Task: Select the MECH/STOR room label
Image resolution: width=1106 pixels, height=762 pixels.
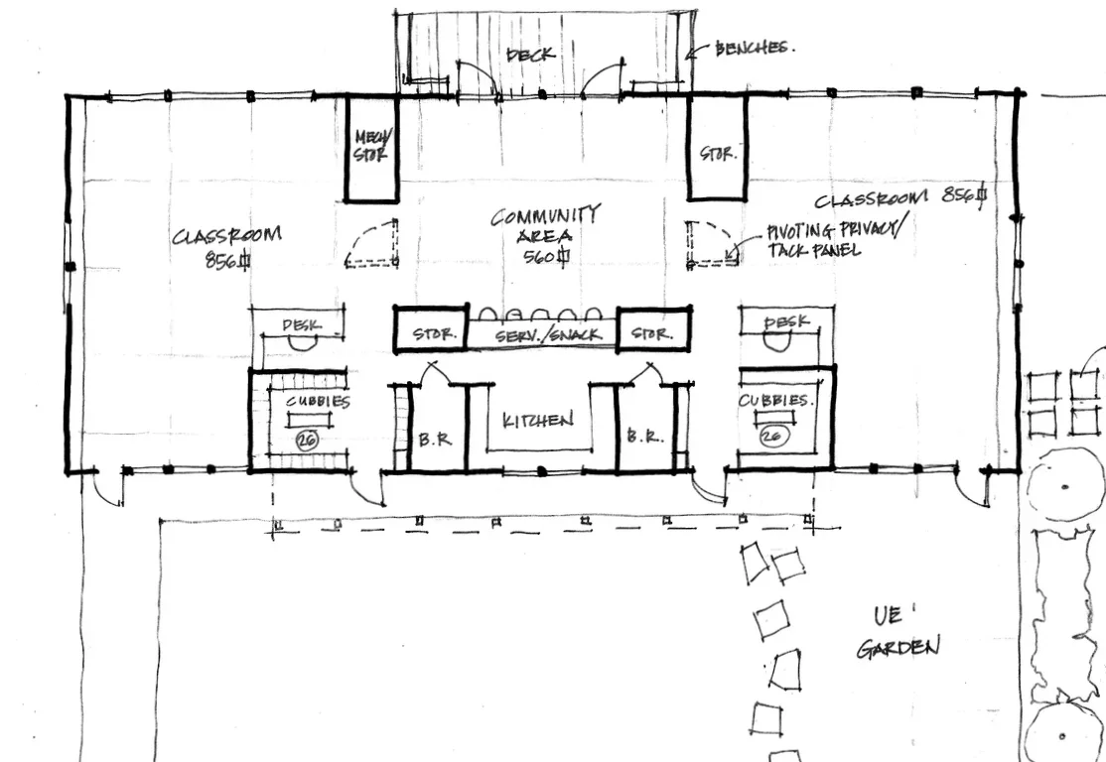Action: pos(372,146)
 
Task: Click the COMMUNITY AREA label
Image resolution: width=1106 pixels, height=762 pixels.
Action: pos(546,225)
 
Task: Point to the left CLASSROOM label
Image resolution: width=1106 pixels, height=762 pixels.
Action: pos(226,236)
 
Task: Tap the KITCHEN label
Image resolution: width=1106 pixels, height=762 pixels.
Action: pos(538,421)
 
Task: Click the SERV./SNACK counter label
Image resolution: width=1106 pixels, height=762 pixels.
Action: pos(548,335)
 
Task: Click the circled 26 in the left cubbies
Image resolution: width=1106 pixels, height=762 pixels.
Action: pos(306,441)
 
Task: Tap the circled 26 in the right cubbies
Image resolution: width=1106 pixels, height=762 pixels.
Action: pos(771,435)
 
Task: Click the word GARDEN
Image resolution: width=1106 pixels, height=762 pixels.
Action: pos(897,648)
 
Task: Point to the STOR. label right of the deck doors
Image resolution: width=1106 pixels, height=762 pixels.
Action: pos(717,154)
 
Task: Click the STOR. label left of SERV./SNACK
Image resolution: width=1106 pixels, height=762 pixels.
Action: pos(434,335)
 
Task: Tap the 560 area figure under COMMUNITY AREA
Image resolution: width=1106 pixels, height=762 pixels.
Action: pos(544,257)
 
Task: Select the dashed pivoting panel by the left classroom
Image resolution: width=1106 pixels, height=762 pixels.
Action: pos(372,245)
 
